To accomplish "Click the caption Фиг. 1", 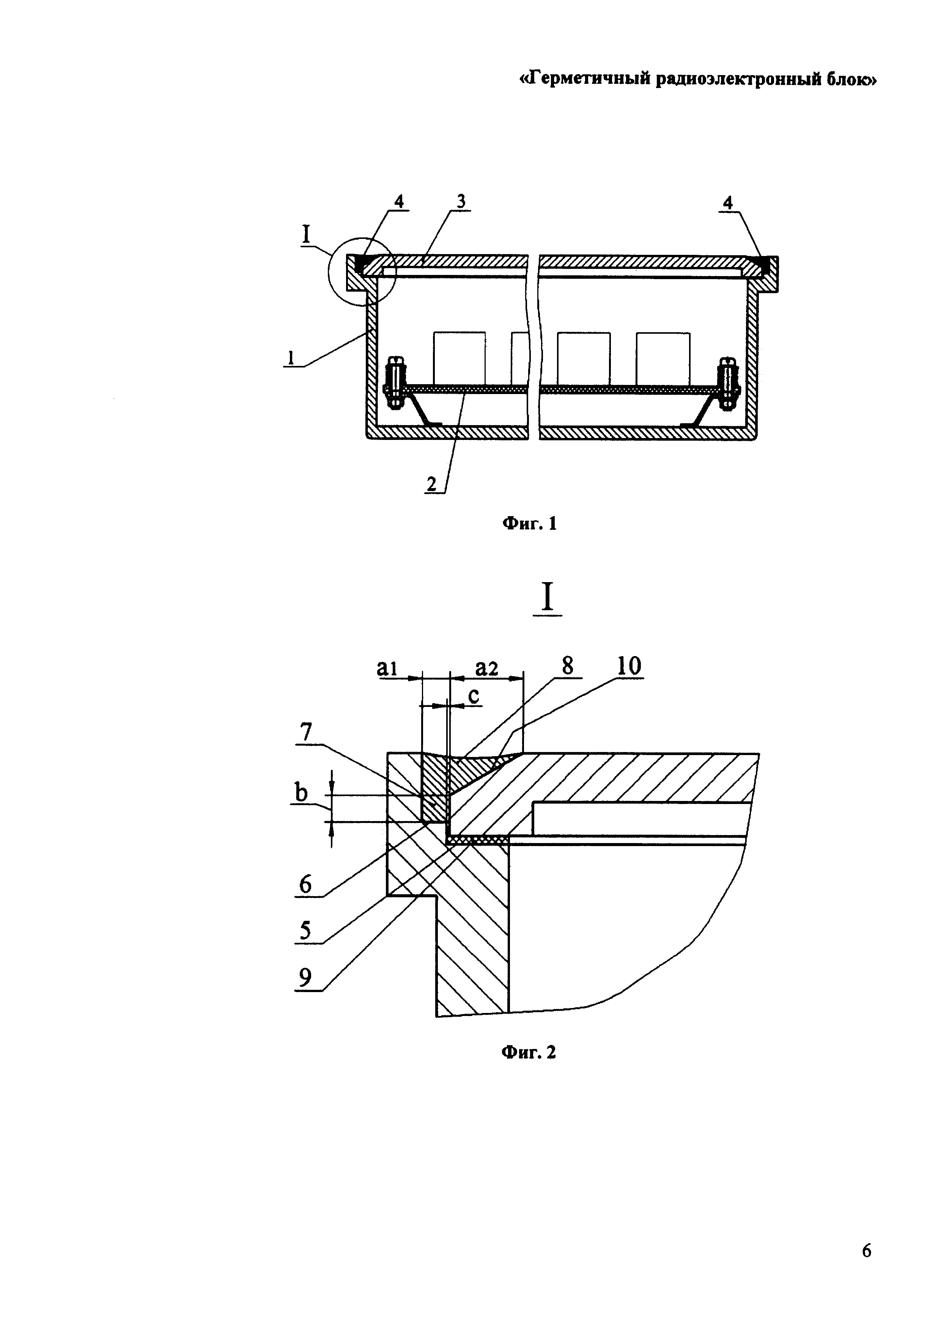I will (x=529, y=524).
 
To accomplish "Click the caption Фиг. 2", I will (x=529, y=1051).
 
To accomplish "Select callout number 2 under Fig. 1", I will (x=432, y=484).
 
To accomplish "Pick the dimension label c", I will (x=474, y=696).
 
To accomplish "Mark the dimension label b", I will (x=301, y=793).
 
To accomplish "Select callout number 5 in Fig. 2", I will (x=305, y=931).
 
